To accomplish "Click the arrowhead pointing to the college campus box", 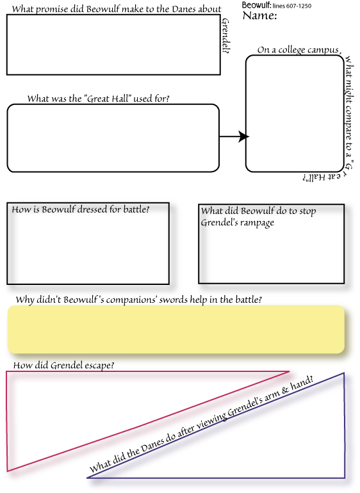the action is [243, 136].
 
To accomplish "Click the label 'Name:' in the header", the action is [259, 15].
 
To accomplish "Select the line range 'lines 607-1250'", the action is [292, 6].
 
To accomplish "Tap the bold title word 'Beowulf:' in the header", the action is [256, 5].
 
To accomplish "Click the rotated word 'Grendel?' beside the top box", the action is [225, 35].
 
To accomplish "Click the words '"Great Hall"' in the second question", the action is [108, 99].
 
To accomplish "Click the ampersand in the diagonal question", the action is [285, 389].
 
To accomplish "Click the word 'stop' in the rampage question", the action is [307, 211].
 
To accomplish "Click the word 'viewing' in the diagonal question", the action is [211, 421].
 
